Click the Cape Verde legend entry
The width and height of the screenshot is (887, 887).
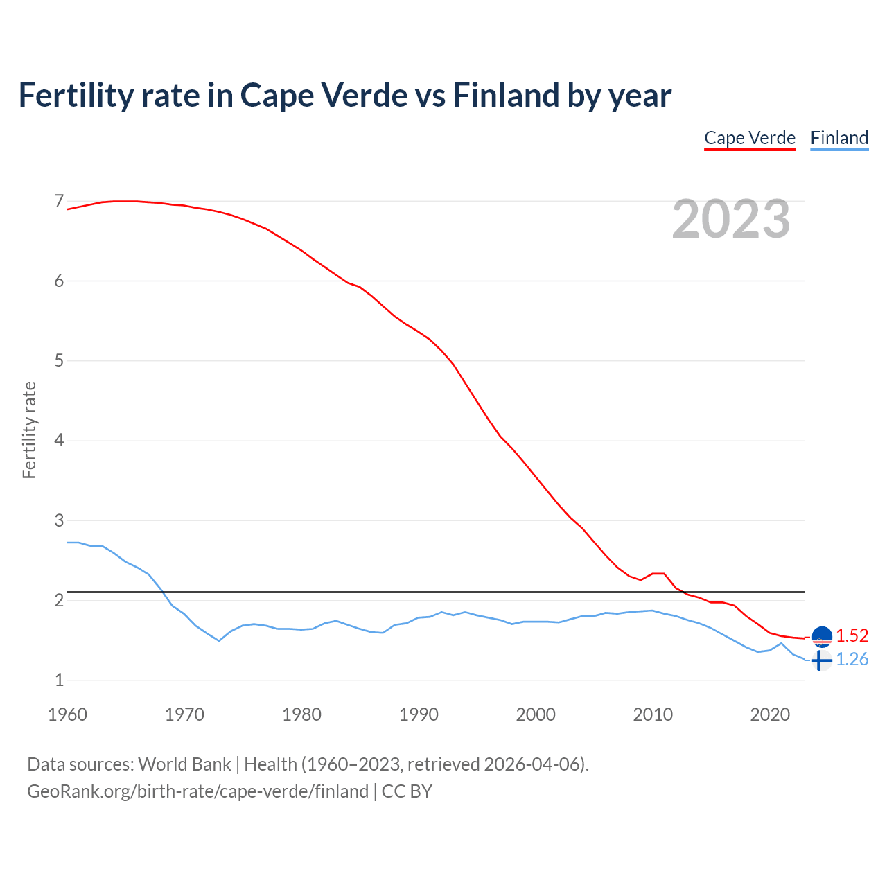tap(750, 139)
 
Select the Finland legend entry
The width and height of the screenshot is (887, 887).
tap(839, 139)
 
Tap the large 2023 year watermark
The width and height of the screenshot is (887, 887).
tap(731, 219)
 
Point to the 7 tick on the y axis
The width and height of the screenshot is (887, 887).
tap(59, 202)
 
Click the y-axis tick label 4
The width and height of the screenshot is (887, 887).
tap(59, 441)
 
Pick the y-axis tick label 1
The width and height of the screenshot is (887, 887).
tap(59, 680)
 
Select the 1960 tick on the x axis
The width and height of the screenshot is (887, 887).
tap(67, 714)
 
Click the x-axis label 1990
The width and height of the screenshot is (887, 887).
tap(419, 714)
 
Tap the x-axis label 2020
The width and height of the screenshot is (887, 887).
tap(770, 714)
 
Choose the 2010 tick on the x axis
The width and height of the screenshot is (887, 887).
tap(653, 714)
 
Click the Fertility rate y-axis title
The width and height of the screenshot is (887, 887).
tap(29, 430)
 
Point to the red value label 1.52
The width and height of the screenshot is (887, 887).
tap(852, 635)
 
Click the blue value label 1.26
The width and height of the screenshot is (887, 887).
tap(852, 660)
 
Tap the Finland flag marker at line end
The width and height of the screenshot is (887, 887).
tap(821, 660)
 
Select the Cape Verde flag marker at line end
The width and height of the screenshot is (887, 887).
tap(821, 636)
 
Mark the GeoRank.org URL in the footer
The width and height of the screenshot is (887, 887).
tap(197, 791)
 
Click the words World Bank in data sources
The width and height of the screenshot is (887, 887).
tap(184, 764)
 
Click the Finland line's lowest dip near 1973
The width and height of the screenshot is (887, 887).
tap(219, 640)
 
